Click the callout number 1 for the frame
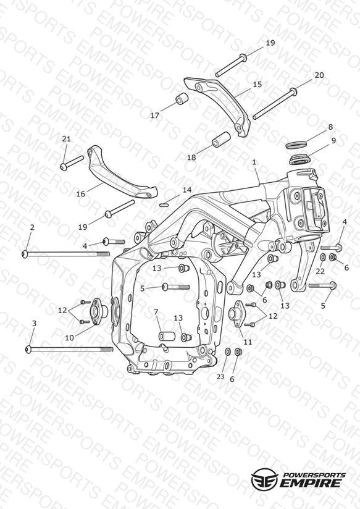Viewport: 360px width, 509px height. click(254, 162)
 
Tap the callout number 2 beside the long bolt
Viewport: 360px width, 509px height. click(32, 227)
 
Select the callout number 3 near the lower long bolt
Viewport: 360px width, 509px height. click(34, 323)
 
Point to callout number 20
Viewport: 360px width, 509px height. click(319, 75)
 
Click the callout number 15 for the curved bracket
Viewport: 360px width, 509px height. click(257, 85)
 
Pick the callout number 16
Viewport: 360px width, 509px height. click(80, 194)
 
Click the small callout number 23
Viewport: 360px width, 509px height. click(220, 377)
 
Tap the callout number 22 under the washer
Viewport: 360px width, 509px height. click(320, 271)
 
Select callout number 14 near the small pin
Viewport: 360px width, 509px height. click(187, 190)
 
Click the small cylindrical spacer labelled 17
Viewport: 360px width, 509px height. click(182, 98)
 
